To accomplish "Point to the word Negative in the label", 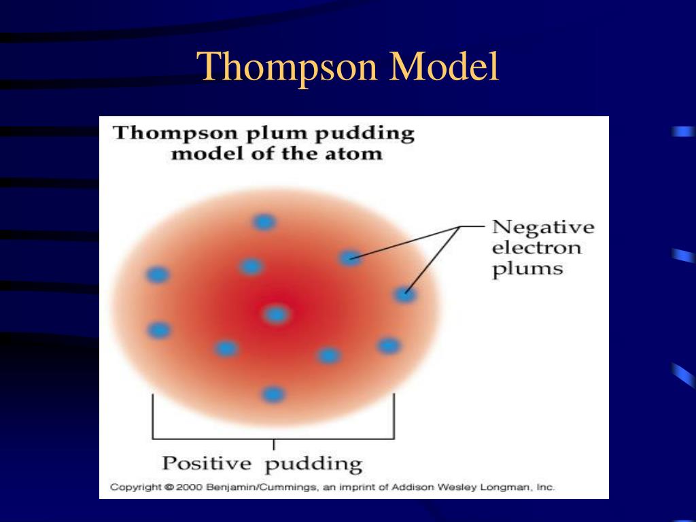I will pos(542,227).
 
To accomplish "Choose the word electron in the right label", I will pos(537,247).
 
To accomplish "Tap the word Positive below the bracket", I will pos(207,464).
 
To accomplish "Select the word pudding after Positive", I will pos(313,466).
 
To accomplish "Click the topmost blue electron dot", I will pos(264,222).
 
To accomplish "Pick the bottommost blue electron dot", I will pos(273,394).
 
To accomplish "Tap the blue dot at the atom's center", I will pos(276,314).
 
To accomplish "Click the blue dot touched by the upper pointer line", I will pos(350,258).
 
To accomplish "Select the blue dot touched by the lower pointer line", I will pos(404,294).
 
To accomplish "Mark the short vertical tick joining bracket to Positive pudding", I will pos(273,445).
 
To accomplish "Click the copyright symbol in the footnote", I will pos(169,487).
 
